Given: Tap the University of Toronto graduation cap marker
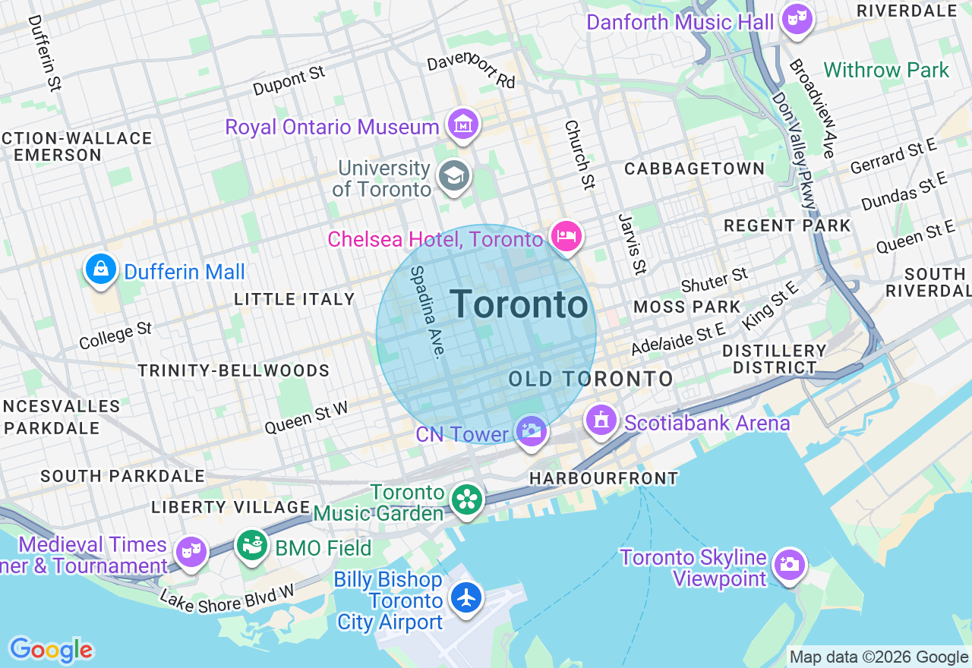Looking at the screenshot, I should coord(455,176).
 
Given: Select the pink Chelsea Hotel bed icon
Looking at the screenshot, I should coord(566,236).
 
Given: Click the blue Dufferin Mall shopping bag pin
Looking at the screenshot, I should coord(100,269).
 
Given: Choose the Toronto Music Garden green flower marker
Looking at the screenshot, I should coord(467,499).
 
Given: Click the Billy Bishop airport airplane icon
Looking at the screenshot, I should coord(466,597).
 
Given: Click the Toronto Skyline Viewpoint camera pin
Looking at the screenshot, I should coord(790,564).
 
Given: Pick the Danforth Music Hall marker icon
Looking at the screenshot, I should coord(797,18).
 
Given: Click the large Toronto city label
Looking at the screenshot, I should coord(519,305).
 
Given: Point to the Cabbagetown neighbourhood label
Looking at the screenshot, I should coord(694,169).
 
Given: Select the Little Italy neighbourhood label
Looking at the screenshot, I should coord(295,299).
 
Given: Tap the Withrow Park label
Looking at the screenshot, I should coord(886,71).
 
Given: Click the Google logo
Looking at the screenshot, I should coord(51,650).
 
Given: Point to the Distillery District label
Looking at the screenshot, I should coord(774,359).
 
